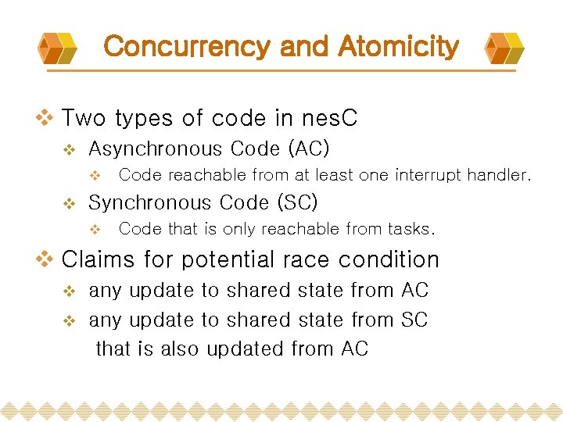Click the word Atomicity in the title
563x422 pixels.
click(398, 47)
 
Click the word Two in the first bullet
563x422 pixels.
click(83, 118)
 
